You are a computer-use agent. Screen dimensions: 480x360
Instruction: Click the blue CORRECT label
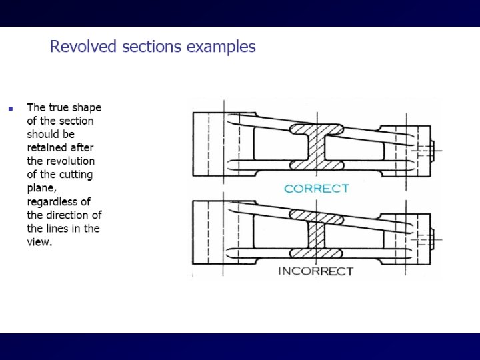(316, 189)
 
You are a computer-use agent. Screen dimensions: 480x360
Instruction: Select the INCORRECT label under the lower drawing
(315, 271)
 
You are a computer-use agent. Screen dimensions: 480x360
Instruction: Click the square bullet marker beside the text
(10, 108)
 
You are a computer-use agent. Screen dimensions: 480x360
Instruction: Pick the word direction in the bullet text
(67, 215)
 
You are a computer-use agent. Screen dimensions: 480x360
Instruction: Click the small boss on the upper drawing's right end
(434, 151)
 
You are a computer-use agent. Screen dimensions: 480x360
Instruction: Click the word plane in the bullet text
(41, 188)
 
